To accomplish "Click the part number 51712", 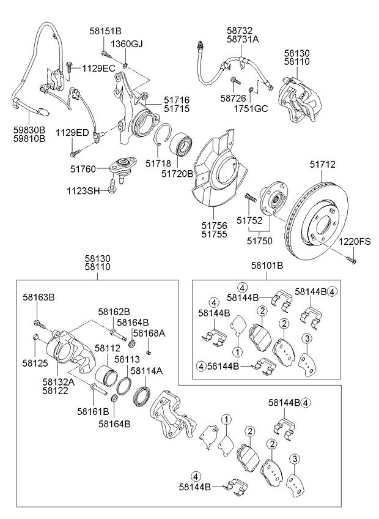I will pos(322,165).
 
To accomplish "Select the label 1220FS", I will pos(355,242).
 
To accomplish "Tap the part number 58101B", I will pos(267,266).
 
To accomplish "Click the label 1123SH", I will pos(83,191).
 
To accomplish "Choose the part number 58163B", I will pos(39,297).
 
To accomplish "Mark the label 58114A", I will pos(147,371).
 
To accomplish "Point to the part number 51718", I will pos(158,164).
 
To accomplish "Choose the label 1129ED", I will pos(73,133).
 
